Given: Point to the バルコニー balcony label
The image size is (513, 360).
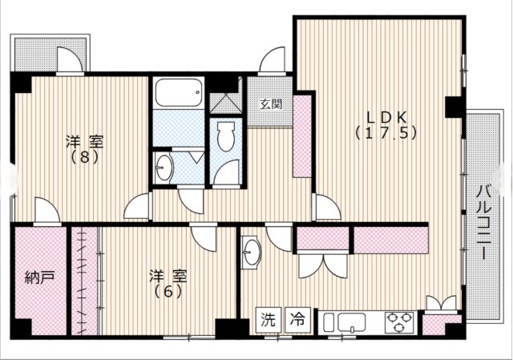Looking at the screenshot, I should [x=483, y=222].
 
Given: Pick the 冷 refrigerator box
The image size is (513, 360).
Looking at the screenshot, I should [x=297, y=320].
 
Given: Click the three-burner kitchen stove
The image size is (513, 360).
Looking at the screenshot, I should [x=396, y=322].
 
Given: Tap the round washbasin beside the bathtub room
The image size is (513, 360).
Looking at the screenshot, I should [x=164, y=167].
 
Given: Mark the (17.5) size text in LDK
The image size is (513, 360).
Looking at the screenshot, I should [x=386, y=134].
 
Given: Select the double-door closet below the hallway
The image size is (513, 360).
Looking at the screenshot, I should [x=324, y=265].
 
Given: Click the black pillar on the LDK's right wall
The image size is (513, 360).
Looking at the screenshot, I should [x=453, y=105].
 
